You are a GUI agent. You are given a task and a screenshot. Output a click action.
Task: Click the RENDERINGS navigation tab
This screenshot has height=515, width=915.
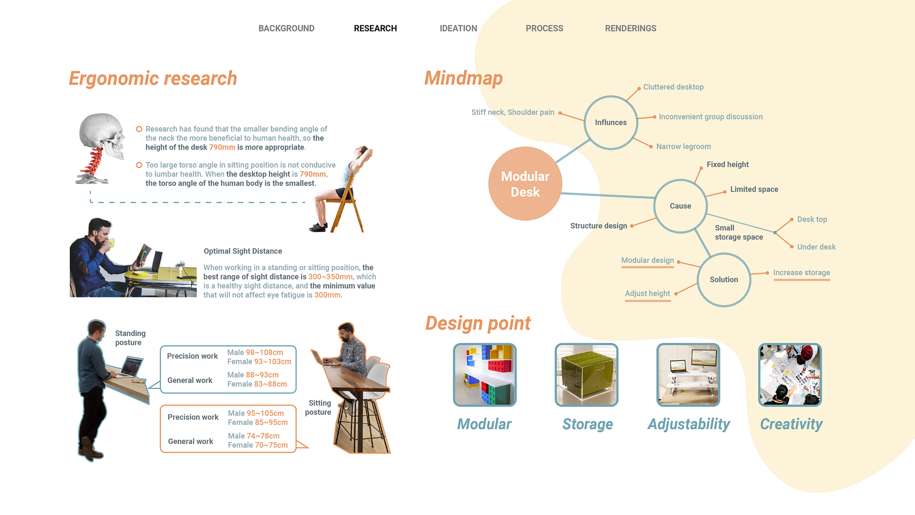click(x=630, y=29)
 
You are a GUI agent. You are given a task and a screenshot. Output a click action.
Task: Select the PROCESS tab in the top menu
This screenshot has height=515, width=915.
click(x=544, y=29)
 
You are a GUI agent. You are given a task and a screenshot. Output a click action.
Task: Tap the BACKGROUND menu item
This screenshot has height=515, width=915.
click(x=286, y=29)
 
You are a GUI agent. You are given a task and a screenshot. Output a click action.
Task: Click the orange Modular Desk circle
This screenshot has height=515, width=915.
click(x=525, y=184)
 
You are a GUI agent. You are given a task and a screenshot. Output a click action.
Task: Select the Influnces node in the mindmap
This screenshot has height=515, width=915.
click(x=610, y=123)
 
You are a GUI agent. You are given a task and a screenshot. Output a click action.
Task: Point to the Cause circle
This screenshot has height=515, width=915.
click(x=680, y=206)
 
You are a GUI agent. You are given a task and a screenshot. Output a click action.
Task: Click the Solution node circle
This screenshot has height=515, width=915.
click(x=723, y=280)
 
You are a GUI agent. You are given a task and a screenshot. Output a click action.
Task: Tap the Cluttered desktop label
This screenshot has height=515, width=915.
click(x=673, y=87)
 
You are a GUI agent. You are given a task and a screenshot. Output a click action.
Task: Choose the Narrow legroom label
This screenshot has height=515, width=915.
click(x=683, y=146)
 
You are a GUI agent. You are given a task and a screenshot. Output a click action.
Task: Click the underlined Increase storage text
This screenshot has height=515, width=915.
click(x=802, y=273)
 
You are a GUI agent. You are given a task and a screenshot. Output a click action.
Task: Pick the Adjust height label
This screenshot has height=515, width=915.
click(x=647, y=293)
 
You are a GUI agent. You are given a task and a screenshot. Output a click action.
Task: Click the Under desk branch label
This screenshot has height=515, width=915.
click(x=816, y=247)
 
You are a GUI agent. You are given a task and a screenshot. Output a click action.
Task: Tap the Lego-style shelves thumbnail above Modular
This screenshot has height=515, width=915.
click(x=485, y=375)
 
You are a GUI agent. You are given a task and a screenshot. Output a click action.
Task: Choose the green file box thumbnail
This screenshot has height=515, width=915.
click(x=586, y=375)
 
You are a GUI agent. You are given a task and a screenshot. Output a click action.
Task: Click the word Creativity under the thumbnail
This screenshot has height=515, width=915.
click(x=791, y=424)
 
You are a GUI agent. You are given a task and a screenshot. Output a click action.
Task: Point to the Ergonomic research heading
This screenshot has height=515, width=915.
click(x=152, y=79)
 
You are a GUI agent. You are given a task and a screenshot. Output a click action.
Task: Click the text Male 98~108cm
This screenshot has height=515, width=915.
click(x=255, y=352)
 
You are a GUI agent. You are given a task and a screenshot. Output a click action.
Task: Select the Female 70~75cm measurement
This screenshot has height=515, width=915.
click(x=258, y=445)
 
